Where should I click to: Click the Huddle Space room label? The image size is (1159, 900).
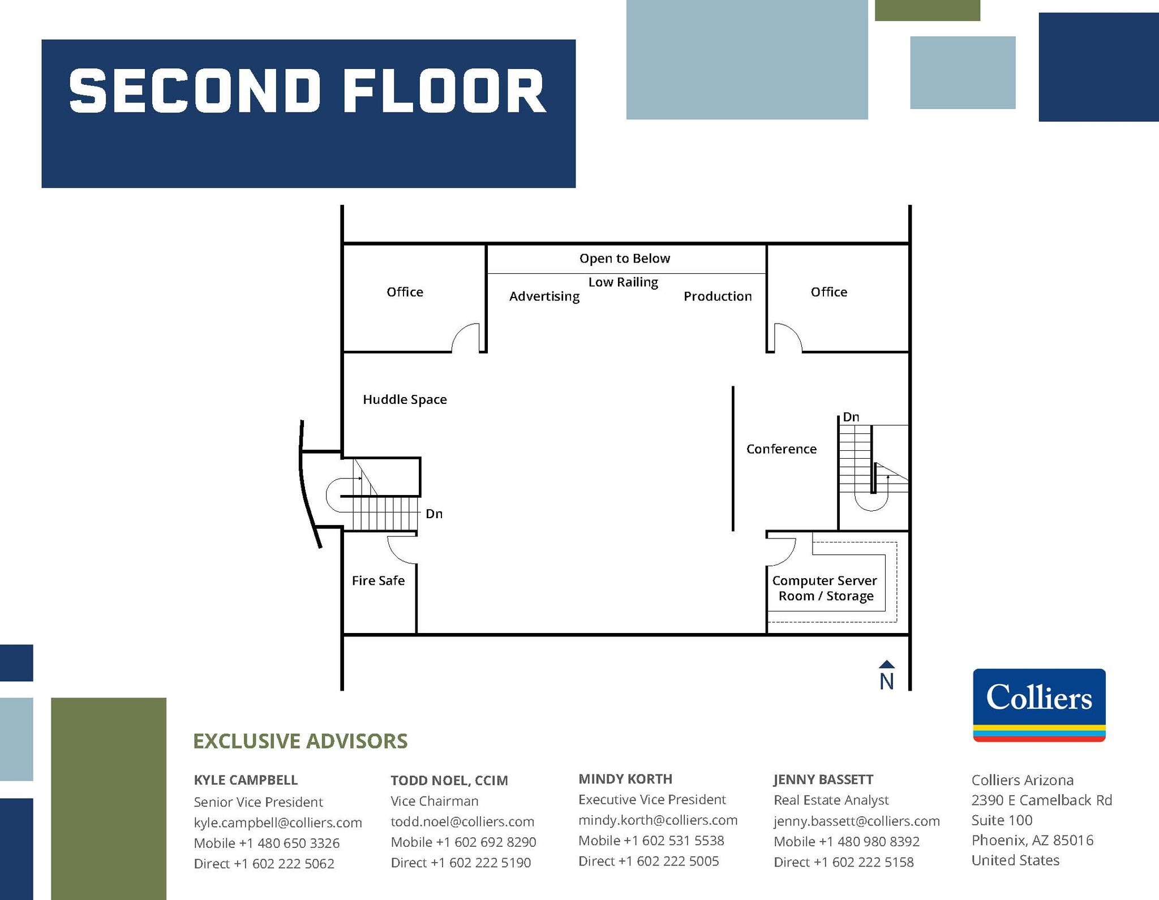point(405,399)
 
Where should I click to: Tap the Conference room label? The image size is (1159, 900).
point(781,449)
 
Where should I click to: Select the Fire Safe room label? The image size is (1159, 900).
point(378,580)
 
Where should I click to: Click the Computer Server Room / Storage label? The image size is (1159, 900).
point(825,588)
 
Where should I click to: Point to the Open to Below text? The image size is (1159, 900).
point(624,259)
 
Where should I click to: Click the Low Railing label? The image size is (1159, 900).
point(623,282)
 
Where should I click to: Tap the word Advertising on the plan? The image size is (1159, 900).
point(544,296)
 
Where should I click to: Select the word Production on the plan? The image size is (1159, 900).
point(717,296)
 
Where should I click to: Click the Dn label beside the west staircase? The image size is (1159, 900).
point(434,514)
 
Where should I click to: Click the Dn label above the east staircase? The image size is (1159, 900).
point(851,417)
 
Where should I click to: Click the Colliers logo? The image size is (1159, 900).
point(1039,704)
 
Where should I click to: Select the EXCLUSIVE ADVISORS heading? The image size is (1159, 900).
point(300,741)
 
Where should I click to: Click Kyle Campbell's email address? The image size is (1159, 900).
point(277,823)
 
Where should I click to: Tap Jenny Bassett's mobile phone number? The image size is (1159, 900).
point(847,841)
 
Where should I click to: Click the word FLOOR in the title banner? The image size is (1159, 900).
point(444,92)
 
